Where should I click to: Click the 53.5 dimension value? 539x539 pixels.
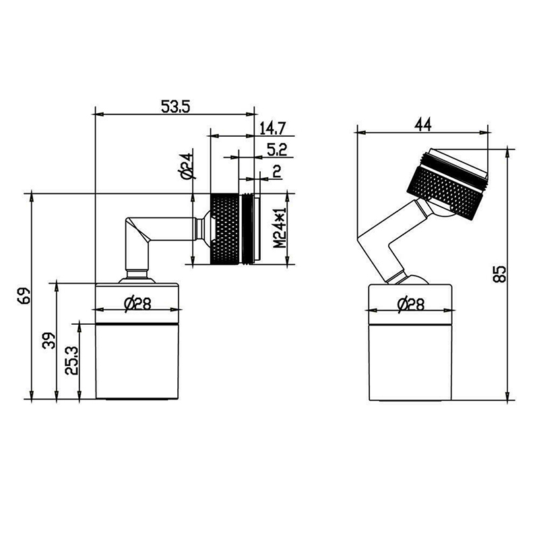point(175,106)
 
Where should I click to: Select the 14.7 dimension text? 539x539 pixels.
point(273,129)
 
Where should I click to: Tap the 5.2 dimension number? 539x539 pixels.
point(277,150)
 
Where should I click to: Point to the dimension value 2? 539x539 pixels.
point(277,171)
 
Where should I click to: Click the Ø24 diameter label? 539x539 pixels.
point(187,166)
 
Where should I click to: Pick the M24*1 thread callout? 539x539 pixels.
point(280,228)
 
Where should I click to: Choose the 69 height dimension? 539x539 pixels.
point(24,296)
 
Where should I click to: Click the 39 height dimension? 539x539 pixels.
point(49,340)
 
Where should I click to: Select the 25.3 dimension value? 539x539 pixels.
point(72,360)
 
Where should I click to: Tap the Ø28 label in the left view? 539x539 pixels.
point(137,303)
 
